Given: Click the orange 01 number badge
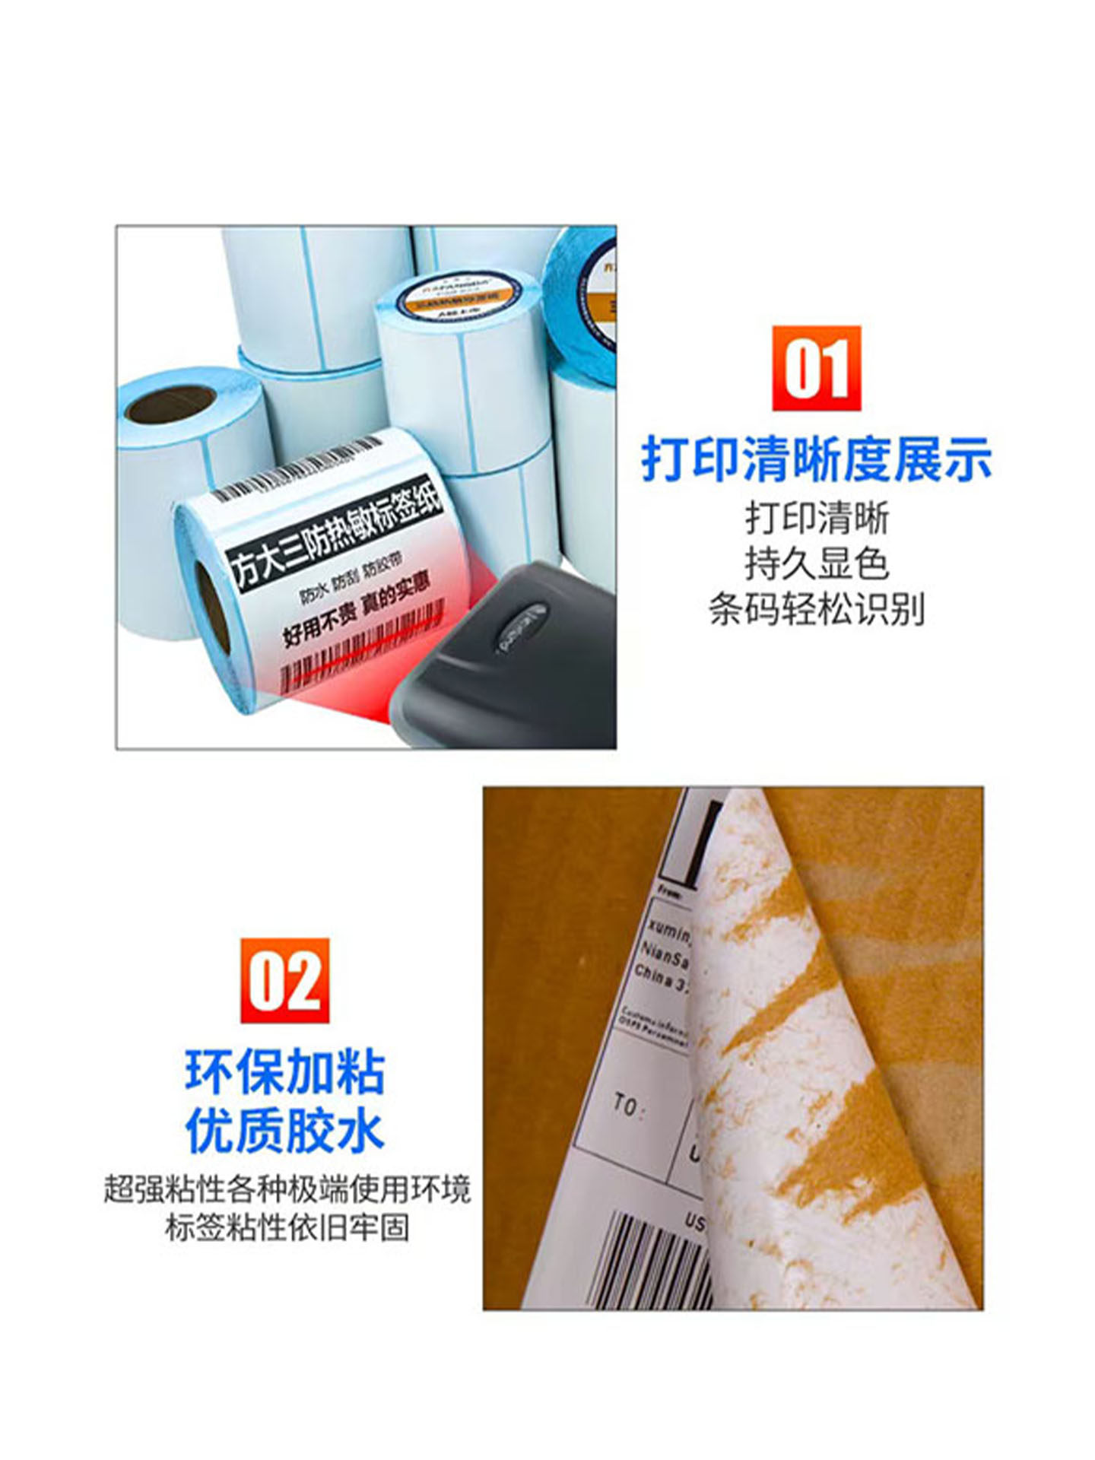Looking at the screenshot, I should (816, 368).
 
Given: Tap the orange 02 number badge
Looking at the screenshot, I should (285, 980).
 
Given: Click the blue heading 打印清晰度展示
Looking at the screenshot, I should (817, 459).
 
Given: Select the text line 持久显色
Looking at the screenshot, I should (817, 563).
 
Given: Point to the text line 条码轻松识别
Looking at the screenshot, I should (817, 609).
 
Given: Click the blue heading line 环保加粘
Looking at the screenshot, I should (285, 1073).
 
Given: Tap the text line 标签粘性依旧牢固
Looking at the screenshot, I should (287, 1227).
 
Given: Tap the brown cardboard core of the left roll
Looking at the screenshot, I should (169, 404).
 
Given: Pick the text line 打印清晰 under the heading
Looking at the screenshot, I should (817, 519).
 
